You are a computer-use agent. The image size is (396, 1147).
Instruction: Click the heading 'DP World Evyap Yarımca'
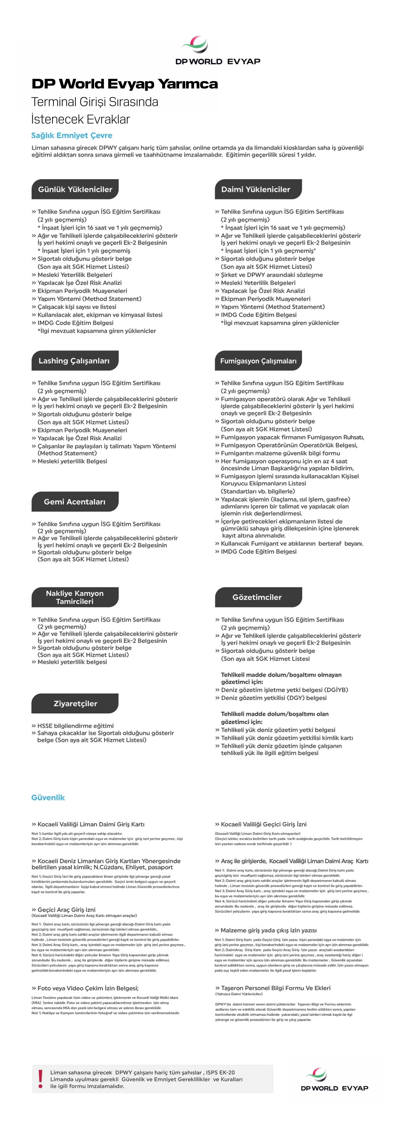[x=125, y=84]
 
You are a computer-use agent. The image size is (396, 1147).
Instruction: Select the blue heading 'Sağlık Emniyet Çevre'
[x=72, y=135]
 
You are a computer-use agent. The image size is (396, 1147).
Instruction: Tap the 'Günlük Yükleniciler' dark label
[x=75, y=189]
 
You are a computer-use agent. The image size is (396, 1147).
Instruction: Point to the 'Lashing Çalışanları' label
[x=74, y=361]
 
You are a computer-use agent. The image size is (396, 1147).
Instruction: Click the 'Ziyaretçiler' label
[x=75, y=703]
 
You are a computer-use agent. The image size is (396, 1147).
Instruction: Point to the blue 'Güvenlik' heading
[x=48, y=797]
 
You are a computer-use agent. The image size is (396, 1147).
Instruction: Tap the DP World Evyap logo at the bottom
[x=334, y=1079]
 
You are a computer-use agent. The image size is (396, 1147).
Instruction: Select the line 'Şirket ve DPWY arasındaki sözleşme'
[x=272, y=275]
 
